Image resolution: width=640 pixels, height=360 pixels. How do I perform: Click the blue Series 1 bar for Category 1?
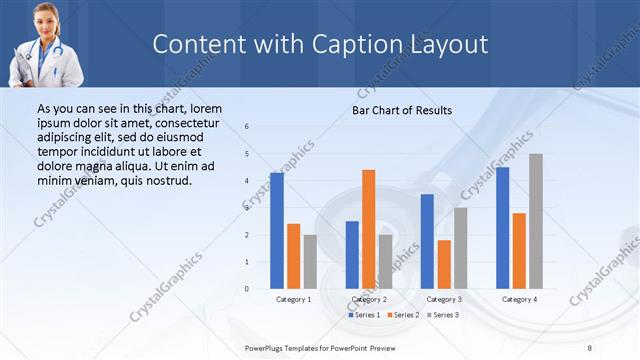pos(277,231)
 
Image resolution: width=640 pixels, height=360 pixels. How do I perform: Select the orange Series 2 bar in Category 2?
pos(368,229)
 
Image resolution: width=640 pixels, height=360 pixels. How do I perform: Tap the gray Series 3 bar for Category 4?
pos(536,221)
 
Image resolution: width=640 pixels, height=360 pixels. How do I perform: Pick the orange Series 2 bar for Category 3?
pos(444,264)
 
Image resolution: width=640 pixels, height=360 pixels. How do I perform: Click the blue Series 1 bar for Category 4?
pos(502,228)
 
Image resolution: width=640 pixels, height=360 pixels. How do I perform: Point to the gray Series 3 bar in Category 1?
pos(310,262)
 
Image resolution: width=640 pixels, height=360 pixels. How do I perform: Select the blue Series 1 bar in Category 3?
pos(427,241)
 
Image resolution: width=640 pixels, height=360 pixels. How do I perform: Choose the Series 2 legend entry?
pos(402,315)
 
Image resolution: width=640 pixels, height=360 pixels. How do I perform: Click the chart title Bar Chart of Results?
pos(402,110)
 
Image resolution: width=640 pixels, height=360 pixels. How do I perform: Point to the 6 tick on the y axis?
pos(247,126)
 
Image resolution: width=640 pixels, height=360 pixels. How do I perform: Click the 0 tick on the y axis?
pos(247,289)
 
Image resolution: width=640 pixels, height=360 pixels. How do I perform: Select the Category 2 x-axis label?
pos(369,299)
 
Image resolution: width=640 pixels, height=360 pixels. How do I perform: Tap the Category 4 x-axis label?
pos(519,299)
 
